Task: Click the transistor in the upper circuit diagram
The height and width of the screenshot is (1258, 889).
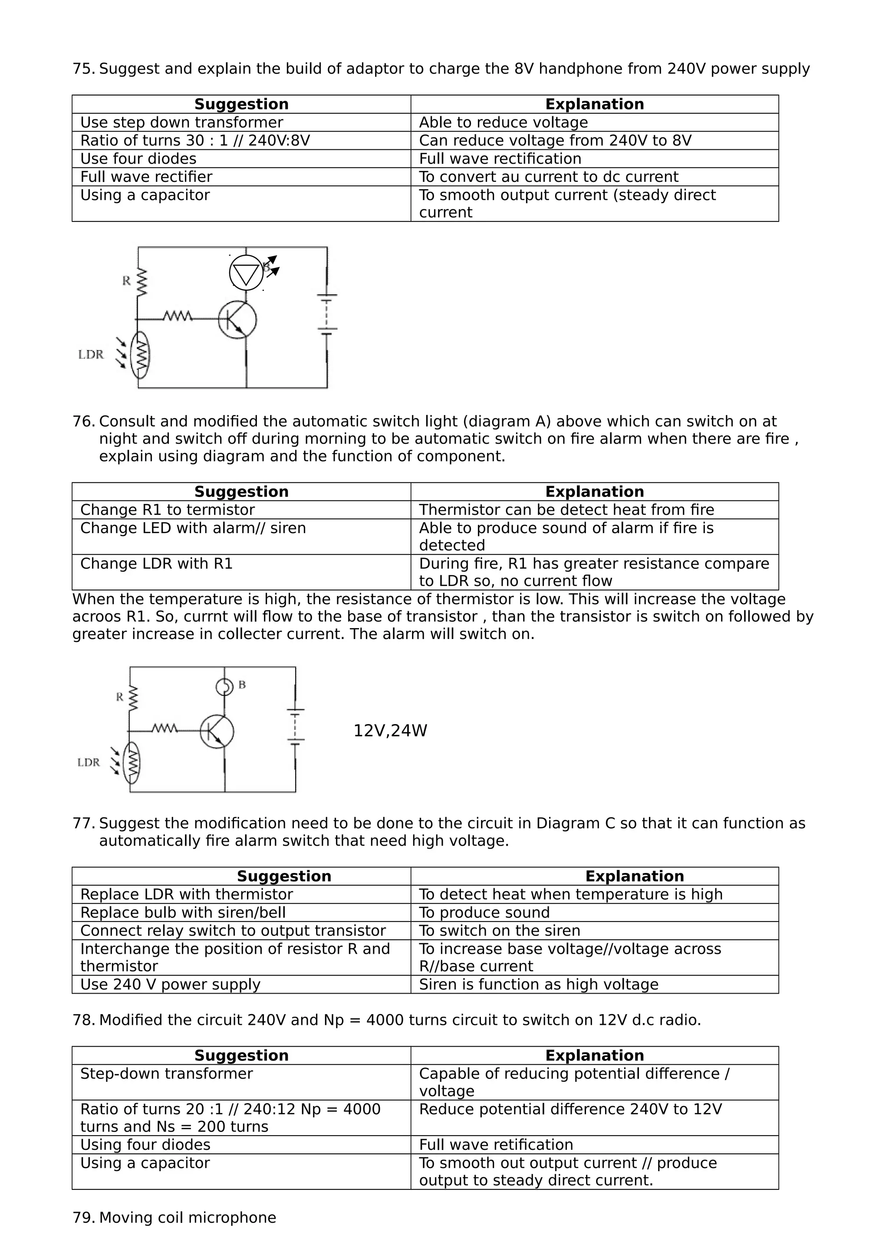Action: click(x=237, y=319)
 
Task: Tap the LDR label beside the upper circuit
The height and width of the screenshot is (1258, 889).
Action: click(x=91, y=355)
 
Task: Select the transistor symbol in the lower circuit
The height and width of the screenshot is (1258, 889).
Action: click(x=217, y=731)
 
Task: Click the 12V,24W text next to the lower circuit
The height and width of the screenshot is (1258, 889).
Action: click(x=390, y=731)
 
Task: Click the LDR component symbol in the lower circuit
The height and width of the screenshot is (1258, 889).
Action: click(x=132, y=762)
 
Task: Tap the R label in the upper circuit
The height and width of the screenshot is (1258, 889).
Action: click(x=126, y=280)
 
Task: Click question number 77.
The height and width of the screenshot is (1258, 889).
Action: click(x=83, y=823)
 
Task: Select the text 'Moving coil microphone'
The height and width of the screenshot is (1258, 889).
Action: click(x=188, y=1218)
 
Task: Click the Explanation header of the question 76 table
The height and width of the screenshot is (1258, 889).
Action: click(x=594, y=491)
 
